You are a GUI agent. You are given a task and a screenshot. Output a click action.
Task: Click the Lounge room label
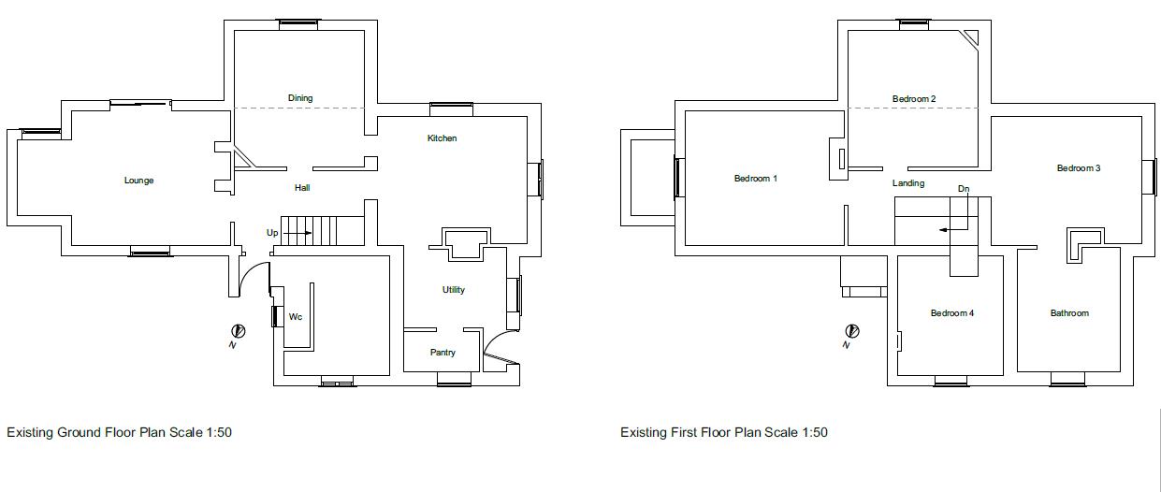tap(138, 181)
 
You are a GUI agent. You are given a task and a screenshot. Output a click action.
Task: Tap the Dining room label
tap(300, 98)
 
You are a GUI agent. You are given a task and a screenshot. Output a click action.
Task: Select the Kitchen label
tap(443, 138)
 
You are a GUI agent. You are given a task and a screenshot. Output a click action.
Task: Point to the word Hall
tap(302, 188)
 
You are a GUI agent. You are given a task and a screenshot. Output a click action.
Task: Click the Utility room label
tap(454, 290)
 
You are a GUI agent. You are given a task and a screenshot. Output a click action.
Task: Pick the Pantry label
tap(443, 353)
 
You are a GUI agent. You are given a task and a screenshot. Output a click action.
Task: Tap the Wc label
tap(296, 317)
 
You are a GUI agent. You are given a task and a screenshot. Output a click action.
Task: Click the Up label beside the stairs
tap(272, 232)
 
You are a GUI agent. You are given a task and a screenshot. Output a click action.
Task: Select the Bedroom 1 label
tap(755, 179)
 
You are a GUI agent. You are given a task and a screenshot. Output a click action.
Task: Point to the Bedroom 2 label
tap(914, 99)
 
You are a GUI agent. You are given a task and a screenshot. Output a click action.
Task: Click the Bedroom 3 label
tap(1079, 168)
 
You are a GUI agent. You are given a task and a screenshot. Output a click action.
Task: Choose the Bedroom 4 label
tap(952, 313)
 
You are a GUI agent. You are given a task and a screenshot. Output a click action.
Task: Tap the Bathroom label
tap(1069, 313)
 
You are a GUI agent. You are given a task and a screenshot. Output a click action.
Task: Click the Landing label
tap(908, 183)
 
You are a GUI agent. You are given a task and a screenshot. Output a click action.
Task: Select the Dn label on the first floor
tap(964, 189)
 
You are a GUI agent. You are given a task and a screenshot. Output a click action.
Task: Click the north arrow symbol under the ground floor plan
tap(239, 331)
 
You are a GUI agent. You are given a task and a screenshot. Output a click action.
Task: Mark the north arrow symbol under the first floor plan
tap(852, 331)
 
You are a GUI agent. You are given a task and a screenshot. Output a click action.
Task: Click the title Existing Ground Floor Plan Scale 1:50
tap(120, 432)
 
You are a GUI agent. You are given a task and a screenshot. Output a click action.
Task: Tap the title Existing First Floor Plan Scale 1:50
tap(724, 432)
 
